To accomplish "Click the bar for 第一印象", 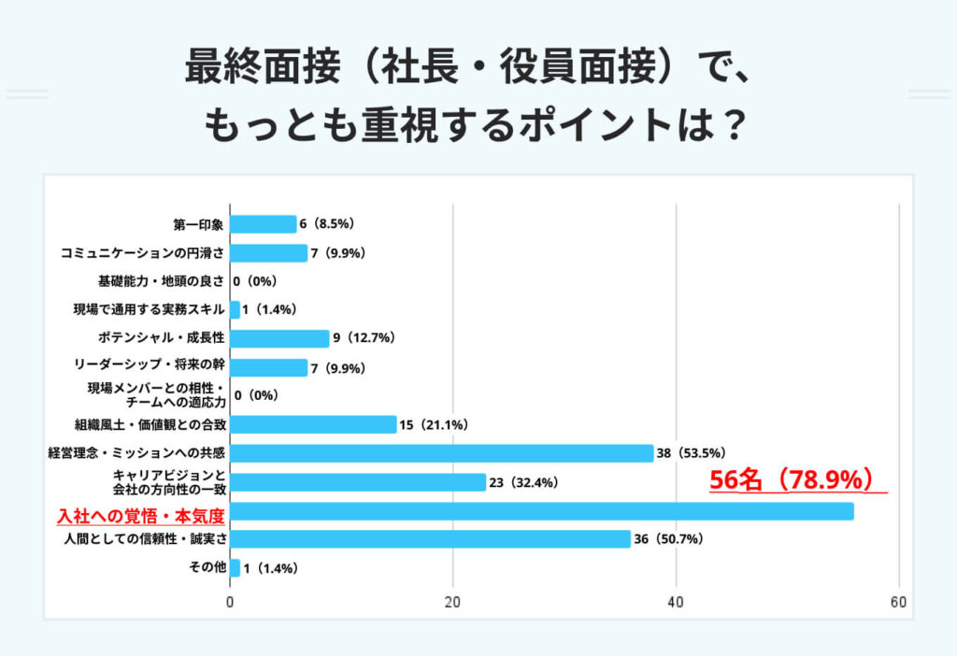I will coord(263,224).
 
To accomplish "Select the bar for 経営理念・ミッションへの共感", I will coord(441,453).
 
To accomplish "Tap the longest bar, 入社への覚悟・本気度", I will coord(542,511).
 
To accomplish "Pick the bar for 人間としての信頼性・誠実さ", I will coord(430,539).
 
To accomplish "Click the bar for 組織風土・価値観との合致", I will coord(313,424).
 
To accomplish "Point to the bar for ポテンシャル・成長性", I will coord(279,338).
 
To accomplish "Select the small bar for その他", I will coord(235,568).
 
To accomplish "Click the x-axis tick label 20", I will coord(453,603).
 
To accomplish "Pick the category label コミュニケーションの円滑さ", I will coord(142,253).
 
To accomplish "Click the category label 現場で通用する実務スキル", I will coord(149,310).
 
